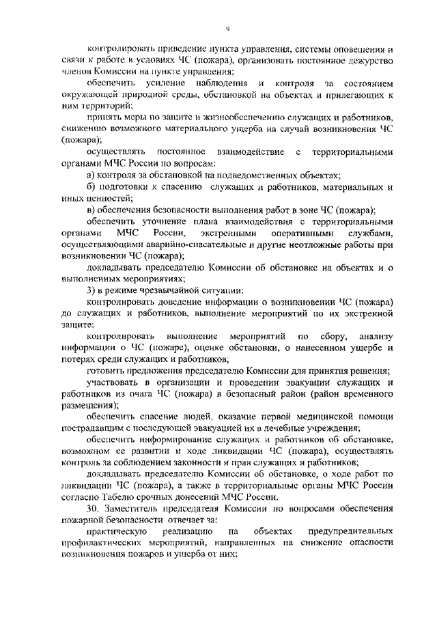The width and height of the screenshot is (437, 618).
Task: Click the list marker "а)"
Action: coord(92,174)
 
